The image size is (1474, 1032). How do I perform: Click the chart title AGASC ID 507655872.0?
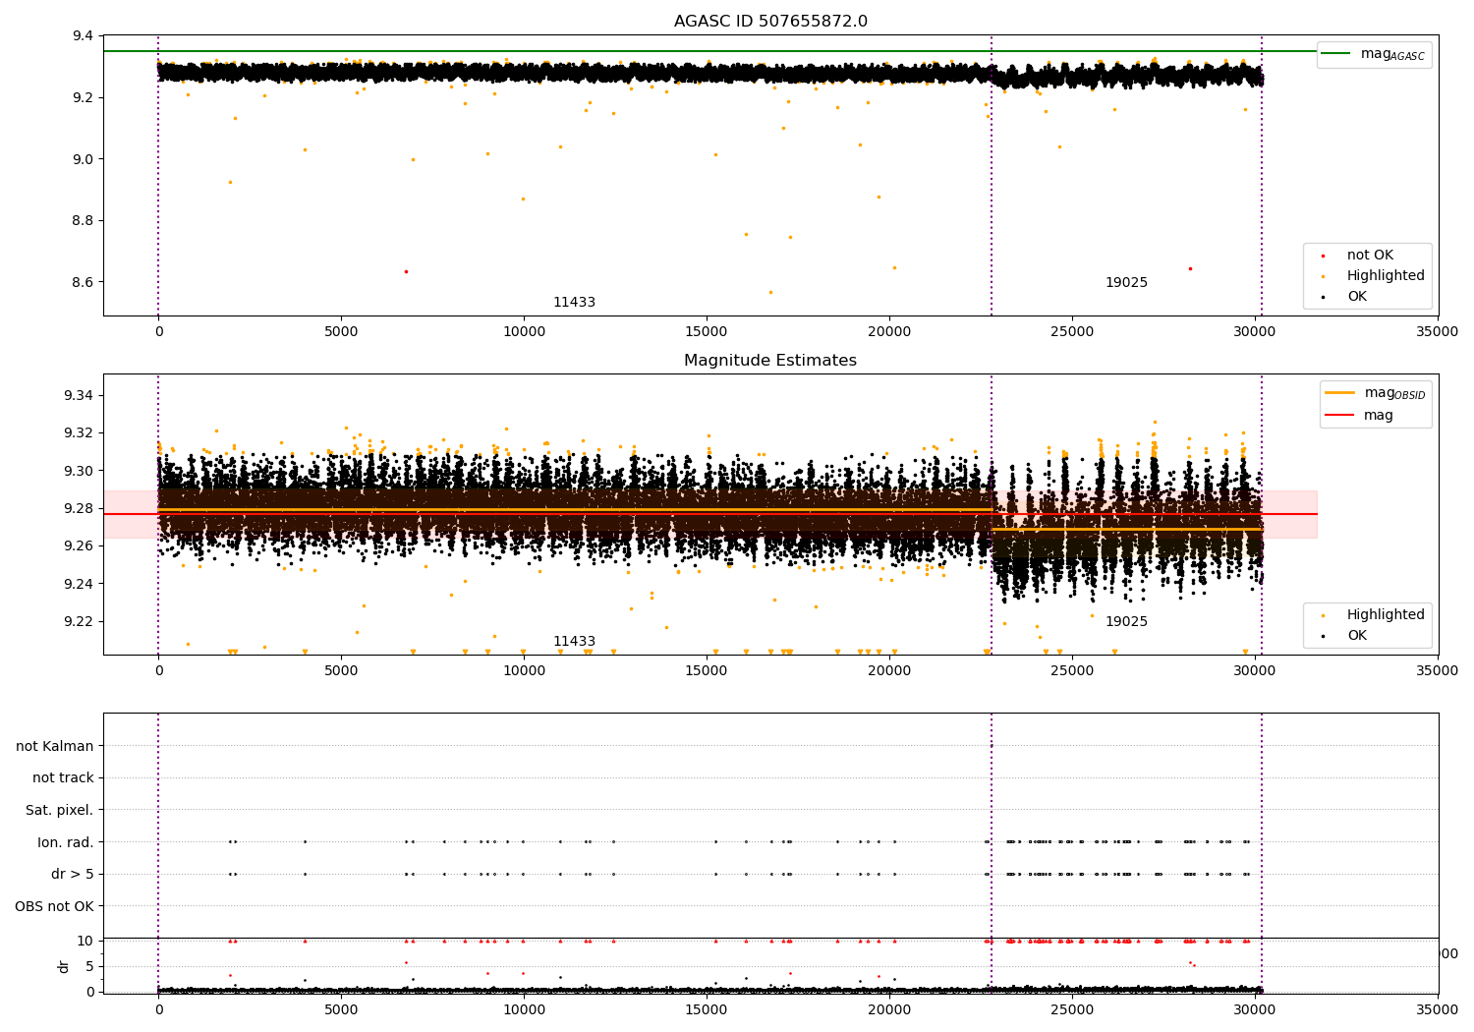(770, 22)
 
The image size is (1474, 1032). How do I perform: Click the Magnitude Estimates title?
(770, 361)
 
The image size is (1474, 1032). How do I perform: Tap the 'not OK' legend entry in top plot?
(1370, 256)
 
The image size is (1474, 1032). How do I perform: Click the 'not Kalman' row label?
(55, 746)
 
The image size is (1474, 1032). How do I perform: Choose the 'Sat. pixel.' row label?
(60, 810)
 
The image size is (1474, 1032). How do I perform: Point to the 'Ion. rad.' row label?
(66, 842)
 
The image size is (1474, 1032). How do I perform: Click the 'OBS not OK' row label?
(55, 906)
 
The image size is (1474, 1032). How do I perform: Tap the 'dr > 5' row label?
(73, 874)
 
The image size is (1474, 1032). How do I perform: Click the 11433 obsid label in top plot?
(574, 303)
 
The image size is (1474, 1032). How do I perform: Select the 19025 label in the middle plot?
(1126, 622)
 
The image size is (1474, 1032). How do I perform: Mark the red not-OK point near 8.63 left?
(406, 271)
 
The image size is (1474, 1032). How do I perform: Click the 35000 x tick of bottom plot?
(1438, 1008)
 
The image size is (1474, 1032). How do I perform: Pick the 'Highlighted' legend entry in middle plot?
(1386, 615)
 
